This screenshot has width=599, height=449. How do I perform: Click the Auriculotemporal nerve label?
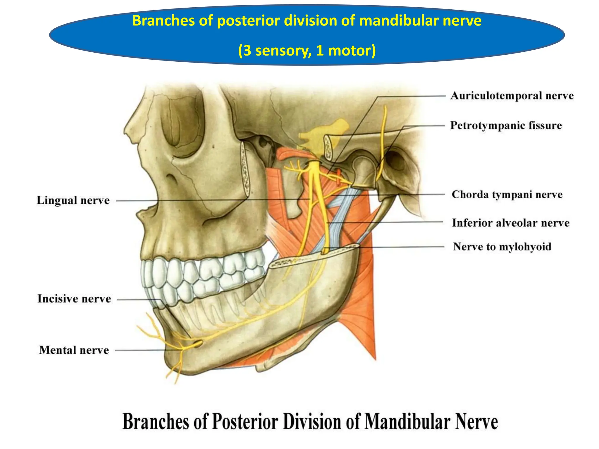(x=512, y=96)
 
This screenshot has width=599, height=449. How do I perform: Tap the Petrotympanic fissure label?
(x=506, y=125)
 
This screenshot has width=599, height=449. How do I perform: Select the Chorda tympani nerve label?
(x=507, y=195)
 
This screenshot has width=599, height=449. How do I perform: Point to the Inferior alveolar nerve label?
(x=511, y=223)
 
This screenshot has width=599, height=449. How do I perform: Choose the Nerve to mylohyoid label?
(x=502, y=247)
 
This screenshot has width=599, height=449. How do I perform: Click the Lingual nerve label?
(x=73, y=201)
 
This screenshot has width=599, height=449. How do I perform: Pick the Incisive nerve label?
(x=74, y=299)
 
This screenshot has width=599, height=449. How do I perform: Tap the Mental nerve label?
(x=74, y=350)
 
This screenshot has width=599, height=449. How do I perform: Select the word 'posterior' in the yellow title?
(x=249, y=21)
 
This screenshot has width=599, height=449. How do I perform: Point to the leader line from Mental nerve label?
(x=140, y=350)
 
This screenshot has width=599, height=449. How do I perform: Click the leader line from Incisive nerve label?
(x=137, y=300)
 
